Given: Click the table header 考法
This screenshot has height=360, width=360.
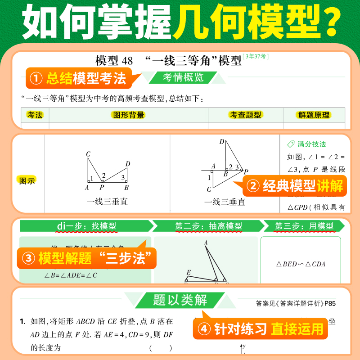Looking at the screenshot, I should coord(35,115).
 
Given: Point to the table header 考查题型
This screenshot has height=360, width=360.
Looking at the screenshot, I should coord(245,115).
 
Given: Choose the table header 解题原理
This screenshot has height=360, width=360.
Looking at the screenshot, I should coord(314,115).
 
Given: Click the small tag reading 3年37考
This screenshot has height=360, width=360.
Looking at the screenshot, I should coord(255,57).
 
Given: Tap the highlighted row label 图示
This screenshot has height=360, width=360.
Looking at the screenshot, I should coord(27,180).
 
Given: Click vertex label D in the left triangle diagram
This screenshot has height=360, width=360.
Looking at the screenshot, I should coord(128,164).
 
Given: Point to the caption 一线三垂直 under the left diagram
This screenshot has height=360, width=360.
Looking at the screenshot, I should coord(107,202).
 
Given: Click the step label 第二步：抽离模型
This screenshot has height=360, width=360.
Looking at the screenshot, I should coord(208,226).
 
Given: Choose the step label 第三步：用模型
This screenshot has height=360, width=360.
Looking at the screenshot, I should coord(304,226).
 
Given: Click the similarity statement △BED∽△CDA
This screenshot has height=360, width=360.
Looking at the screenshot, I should coord(301,264).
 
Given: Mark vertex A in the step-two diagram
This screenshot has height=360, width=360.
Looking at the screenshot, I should coord(206,243).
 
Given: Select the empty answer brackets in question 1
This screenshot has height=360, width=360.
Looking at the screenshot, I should coord(161,348).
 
